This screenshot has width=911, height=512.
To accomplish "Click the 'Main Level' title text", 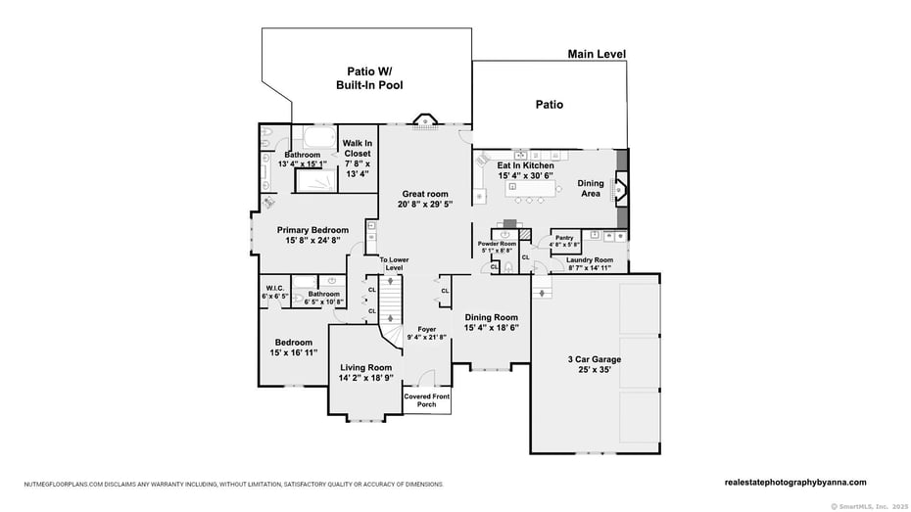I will tap(597, 55).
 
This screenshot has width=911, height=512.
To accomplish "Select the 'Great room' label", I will tap(424, 194).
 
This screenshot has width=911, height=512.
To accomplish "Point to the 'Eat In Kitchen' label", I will tap(525, 165).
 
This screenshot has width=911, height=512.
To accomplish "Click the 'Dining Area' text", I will tap(590, 189).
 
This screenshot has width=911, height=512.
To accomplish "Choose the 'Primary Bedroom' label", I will tap(305, 230).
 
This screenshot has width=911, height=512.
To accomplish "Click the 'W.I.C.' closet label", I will tap(274, 288).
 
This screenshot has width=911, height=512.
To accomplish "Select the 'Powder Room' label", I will tap(497, 244).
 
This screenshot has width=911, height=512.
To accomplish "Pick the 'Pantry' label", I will tap(564, 238).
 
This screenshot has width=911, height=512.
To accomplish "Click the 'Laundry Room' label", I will tap(589, 259).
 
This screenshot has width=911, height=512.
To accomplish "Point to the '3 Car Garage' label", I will tap(593, 360).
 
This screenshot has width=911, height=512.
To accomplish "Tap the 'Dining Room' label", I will tap(492, 317).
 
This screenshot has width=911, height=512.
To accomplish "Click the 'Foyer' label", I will tap(426, 329).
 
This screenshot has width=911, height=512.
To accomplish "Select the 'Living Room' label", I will tap(365, 367).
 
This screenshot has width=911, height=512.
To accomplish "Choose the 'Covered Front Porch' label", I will tap(426, 400).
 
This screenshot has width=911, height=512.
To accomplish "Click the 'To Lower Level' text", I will tap(395, 263).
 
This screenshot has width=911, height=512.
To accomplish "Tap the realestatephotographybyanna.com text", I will tap(795, 482).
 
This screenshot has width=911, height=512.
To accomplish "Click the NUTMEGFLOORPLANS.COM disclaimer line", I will tap(234, 484).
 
